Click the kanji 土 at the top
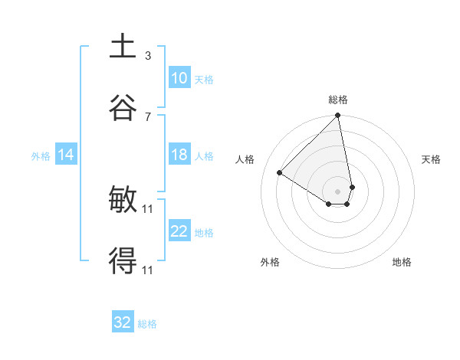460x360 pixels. point(123,47)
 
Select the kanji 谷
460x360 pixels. point(123,107)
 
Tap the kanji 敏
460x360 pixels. point(123,201)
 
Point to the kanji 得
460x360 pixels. point(123,262)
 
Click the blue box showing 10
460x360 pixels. point(179,78)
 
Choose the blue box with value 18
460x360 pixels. point(179,155)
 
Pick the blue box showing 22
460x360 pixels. point(179,231)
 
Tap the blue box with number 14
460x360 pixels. point(66,155)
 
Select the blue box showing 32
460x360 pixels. point(123,322)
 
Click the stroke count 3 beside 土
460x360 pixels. point(148,56)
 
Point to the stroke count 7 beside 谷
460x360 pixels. point(148,116)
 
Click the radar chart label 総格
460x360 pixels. point(338,100)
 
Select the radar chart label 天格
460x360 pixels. point(432,159)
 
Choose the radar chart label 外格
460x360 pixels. point(270,262)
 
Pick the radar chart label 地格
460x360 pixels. point(402,262)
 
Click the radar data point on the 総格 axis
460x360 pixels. point(338,116)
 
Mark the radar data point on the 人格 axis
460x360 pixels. point(280,173)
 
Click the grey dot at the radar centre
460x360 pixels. point(337,191)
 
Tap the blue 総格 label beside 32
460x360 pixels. point(147,324)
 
